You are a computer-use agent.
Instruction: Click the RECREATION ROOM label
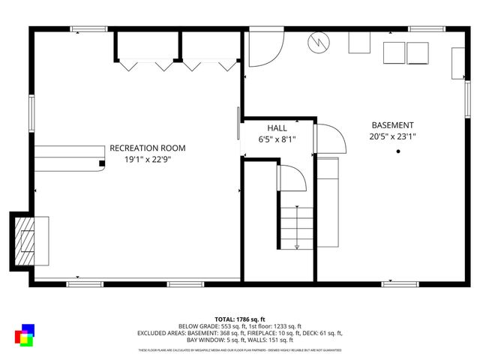point(147,148)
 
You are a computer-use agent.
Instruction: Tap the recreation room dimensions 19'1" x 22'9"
point(147,159)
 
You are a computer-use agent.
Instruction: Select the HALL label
point(277,128)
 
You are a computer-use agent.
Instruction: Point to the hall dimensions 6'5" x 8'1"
point(277,139)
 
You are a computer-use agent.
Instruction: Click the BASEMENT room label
point(392,125)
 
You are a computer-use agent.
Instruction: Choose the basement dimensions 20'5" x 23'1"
point(392,136)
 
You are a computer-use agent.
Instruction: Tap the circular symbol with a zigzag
point(317,42)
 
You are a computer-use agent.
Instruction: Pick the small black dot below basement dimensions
point(398,151)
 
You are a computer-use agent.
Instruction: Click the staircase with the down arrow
point(297,220)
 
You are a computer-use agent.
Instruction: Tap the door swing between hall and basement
point(329,139)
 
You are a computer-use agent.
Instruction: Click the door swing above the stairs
point(292,179)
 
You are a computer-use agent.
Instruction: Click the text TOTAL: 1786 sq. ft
point(240,319)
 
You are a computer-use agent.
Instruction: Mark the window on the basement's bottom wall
point(399,283)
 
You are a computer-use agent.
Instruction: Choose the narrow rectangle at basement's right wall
point(457,64)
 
